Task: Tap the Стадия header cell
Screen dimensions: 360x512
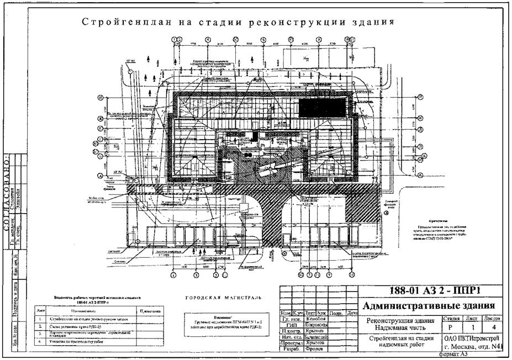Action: pos(451,319)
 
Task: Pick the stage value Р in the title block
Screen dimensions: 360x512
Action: pos(451,327)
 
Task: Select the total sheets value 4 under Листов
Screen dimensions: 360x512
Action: pos(493,327)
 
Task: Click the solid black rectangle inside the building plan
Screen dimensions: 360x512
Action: pos(323,107)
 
